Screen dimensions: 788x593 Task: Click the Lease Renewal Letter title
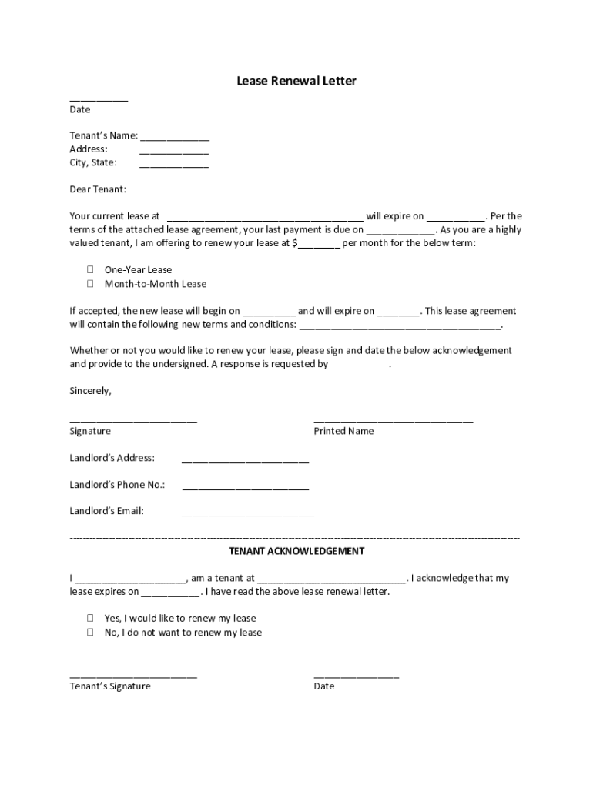[296, 81]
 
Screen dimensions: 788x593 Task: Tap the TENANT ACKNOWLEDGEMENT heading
[296, 552]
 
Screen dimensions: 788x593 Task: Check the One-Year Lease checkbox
[90, 270]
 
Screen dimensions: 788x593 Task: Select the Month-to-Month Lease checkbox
[90, 284]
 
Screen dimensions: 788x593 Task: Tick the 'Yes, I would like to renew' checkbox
[90, 618]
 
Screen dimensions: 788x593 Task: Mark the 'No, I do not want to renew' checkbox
[90, 633]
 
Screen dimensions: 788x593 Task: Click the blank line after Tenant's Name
[174, 139]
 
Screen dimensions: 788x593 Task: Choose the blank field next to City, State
[174, 165]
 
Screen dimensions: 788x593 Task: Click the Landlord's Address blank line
[245, 461]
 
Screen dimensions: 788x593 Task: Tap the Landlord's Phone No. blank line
[245, 488]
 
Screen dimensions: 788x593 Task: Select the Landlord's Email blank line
[247, 514]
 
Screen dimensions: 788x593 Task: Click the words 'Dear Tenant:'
[98, 189]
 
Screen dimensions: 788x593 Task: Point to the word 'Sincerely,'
[90, 391]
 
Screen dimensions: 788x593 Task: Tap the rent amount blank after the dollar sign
[319, 246]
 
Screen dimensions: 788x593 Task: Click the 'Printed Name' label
[343, 432]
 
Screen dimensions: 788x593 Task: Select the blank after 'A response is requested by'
[360, 367]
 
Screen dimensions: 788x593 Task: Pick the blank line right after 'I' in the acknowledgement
[130, 581]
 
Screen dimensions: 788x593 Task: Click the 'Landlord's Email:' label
[106, 511]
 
